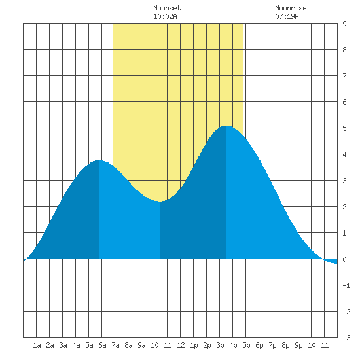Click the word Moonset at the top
167,8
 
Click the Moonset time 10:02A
165,16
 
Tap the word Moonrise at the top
291,8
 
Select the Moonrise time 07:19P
287,16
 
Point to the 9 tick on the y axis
344,24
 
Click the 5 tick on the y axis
344,128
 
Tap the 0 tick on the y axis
344,259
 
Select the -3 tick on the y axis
346,338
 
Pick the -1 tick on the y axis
346,285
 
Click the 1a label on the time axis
37,345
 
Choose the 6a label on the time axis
102,345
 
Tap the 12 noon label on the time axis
181,345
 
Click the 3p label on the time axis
220,345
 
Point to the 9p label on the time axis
298,345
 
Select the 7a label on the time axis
115,345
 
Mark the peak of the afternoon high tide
226,126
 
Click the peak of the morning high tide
99,160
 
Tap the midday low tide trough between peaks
159,202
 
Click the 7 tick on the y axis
344,76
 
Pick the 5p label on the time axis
246,345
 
